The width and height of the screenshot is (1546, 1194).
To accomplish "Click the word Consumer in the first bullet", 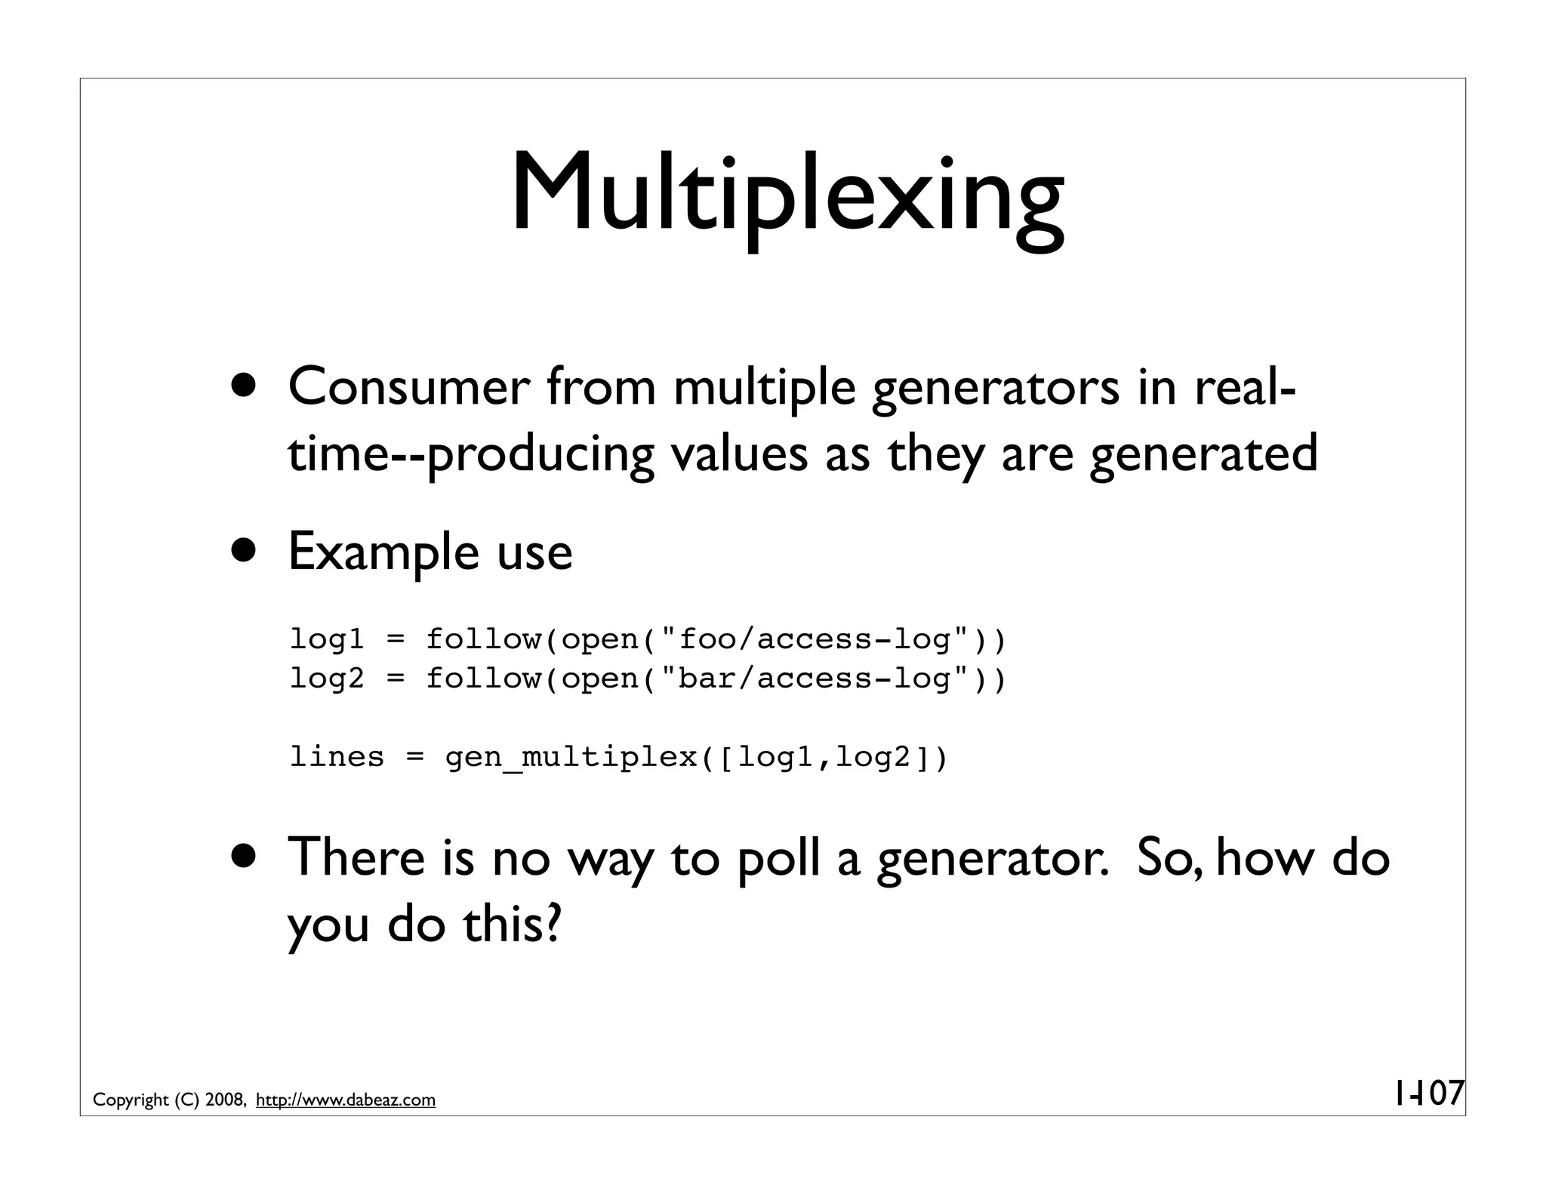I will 409,387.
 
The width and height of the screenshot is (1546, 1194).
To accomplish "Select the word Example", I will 383,552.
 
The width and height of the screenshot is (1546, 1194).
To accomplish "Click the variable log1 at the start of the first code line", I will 327,639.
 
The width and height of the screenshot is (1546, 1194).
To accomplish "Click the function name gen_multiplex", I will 571,756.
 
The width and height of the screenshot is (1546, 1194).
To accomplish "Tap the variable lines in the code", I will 337,756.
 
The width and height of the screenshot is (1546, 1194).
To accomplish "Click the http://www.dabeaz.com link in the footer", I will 346,1100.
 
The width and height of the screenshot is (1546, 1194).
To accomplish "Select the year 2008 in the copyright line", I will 223,1100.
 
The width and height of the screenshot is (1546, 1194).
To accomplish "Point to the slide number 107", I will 1430,1094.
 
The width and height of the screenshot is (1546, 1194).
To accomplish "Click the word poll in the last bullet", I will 778,858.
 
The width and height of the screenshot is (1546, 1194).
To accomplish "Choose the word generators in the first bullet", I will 995,387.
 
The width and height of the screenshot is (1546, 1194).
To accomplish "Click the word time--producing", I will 470,454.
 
